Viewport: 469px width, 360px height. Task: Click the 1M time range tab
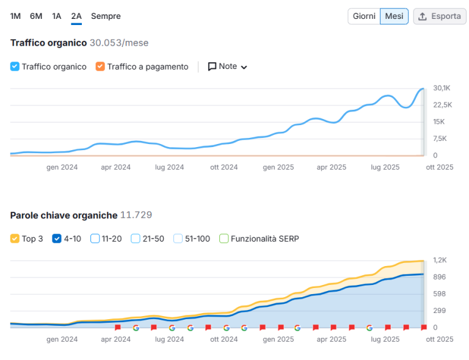[x=15, y=16]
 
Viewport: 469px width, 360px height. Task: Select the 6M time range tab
[x=36, y=16]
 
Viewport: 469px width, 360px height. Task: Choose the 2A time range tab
[x=76, y=16]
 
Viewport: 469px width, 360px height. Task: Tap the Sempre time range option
[x=106, y=16]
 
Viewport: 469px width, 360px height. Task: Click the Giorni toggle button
[x=364, y=16]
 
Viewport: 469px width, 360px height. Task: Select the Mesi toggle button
[x=394, y=16]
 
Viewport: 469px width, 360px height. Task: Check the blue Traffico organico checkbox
[x=15, y=67]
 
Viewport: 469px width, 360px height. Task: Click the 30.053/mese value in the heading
[x=119, y=43]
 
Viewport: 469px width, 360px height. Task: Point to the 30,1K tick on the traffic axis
[x=442, y=88]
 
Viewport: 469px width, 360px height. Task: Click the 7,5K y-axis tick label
[x=440, y=139]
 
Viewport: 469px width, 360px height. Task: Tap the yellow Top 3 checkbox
[x=15, y=239]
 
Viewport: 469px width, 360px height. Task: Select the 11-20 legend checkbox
[x=95, y=239]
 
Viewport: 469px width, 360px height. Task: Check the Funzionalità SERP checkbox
[x=224, y=239]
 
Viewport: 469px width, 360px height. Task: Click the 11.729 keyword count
[x=136, y=215]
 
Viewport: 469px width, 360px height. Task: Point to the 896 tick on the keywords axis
[x=439, y=277]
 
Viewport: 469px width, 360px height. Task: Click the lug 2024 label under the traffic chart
[x=169, y=167]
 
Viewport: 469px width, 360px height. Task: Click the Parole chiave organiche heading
[x=64, y=215]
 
